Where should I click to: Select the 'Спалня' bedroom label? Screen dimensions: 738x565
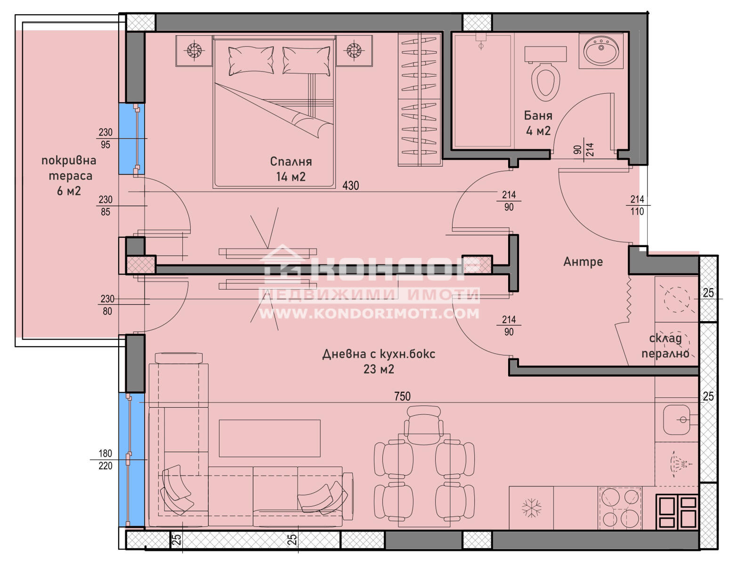tap(291, 161)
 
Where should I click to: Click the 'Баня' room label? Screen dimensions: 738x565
tap(538, 116)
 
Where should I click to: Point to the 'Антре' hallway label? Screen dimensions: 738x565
tap(583, 262)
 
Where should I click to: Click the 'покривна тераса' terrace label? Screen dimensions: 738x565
tap(69, 168)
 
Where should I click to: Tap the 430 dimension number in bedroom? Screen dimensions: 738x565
tap(350, 186)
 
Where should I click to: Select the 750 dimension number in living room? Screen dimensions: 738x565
tap(402, 396)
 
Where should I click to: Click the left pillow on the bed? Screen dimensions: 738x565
tap(251, 61)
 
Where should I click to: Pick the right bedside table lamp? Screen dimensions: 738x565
tap(354, 50)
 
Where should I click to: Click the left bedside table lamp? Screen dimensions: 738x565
tap(194, 50)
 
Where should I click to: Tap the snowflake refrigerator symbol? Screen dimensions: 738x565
tap(531, 508)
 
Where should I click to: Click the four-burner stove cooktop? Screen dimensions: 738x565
tap(620, 508)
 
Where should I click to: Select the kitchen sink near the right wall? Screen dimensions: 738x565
tap(676, 420)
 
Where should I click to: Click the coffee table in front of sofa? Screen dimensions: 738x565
tap(270, 438)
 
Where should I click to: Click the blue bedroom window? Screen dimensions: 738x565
tap(131, 139)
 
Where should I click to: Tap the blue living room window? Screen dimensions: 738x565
tap(131, 460)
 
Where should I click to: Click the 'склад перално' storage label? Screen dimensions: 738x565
tap(665, 346)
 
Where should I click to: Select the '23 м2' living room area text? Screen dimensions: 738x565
tap(379, 369)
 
